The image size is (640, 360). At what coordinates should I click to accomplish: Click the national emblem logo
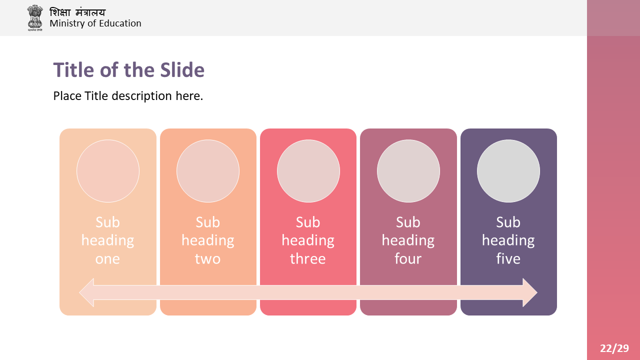click(x=35, y=17)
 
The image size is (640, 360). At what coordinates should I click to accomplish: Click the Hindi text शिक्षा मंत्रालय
click(x=77, y=12)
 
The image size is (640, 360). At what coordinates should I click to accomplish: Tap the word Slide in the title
click(x=182, y=70)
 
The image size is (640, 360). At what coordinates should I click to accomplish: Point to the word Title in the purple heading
click(x=73, y=70)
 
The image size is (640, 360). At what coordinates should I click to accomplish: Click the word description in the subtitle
click(x=141, y=96)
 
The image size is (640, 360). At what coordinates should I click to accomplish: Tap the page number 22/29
click(x=614, y=348)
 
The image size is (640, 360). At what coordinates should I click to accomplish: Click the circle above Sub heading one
click(x=108, y=171)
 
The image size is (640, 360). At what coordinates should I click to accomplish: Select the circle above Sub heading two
click(x=208, y=171)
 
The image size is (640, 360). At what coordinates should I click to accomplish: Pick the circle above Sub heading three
click(x=308, y=171)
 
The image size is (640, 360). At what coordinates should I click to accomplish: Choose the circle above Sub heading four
click(x=408, y=171)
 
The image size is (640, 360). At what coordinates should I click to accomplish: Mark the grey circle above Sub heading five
click(x=508, y=171)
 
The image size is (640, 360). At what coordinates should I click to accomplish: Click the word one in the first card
click(x=107, y=259)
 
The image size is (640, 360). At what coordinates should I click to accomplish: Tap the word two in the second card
click(x=207, y=258)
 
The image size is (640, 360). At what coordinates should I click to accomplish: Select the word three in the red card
click(x=307, y=258)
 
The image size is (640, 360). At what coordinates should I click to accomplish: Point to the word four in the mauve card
click(x=408, y=258)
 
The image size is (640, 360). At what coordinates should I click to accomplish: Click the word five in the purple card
click(x=508, y=258)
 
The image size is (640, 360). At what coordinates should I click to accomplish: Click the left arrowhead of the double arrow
click(x=86, y=292)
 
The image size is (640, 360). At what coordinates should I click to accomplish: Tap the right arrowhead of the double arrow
click(x=530, y=292)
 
